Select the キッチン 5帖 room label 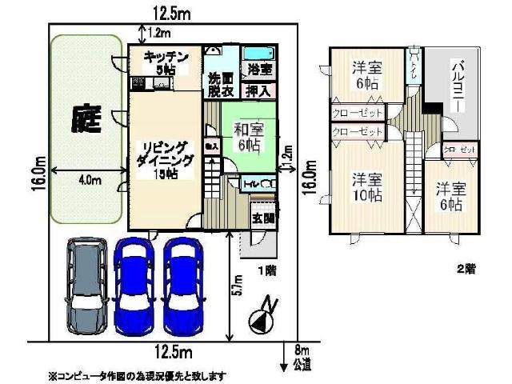(166, 62)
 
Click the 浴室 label (259, 70)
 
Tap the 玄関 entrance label (262, 218)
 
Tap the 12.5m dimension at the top (174, 12)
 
